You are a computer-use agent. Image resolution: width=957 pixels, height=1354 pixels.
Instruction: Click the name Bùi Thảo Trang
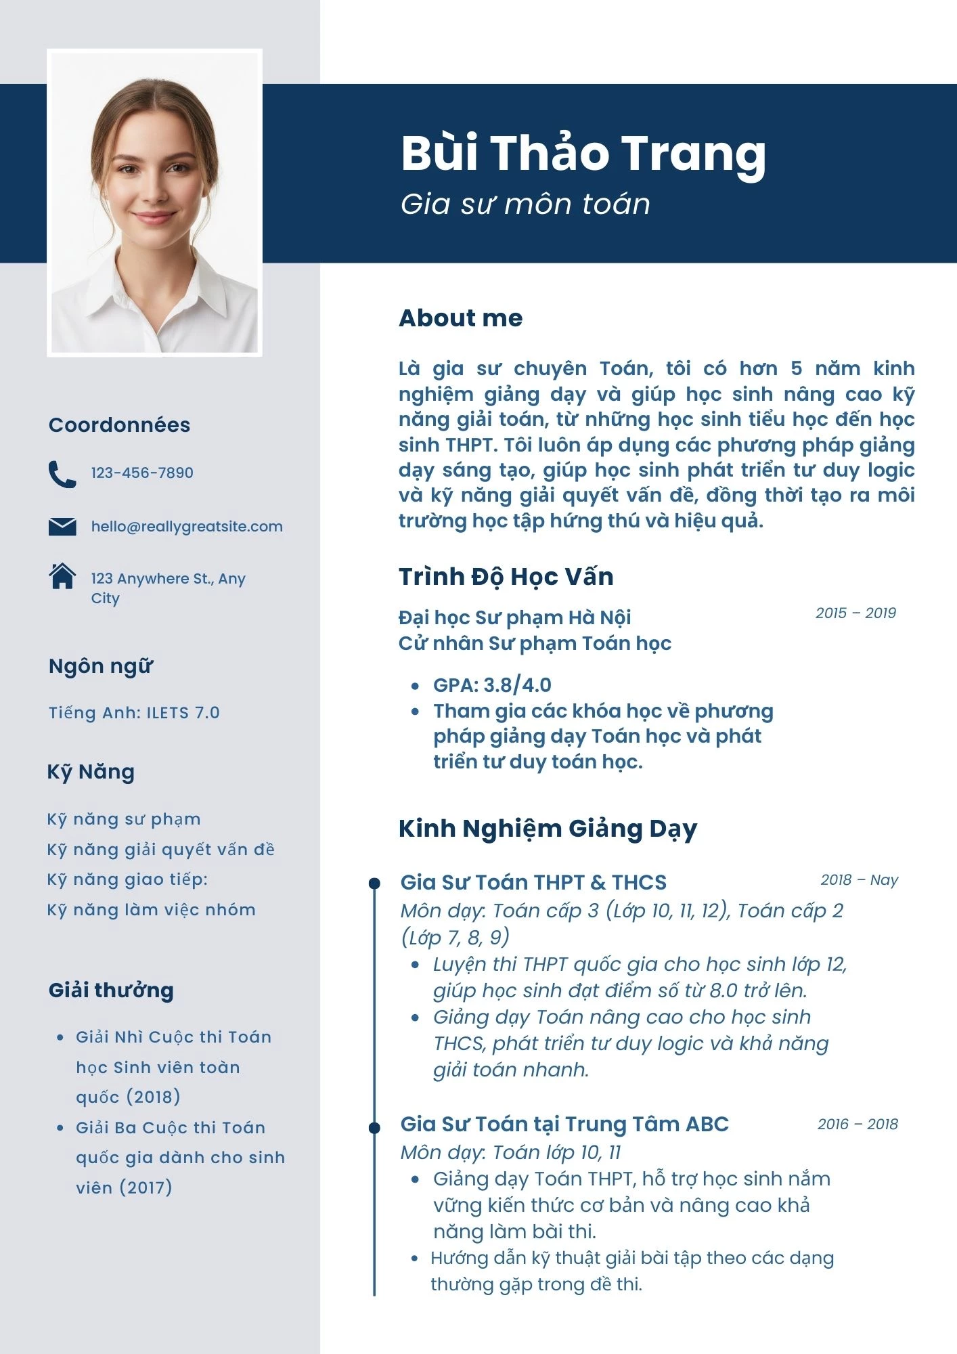point(583,154)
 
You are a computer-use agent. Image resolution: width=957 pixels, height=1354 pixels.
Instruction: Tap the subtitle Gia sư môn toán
point(525,204)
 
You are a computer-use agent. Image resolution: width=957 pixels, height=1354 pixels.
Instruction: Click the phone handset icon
point(62,474)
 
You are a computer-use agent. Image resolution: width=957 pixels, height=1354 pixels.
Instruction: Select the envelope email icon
point(62,526)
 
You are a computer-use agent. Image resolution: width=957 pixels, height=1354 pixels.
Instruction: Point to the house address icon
point(62,576)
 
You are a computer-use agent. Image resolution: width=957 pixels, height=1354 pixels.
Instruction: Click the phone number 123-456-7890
point(142,473)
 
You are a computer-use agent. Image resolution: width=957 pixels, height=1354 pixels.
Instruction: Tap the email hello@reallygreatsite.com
point(187,526)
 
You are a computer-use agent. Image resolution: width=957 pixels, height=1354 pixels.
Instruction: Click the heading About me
point(460,318)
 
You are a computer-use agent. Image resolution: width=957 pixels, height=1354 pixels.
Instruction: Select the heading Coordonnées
point(119,424)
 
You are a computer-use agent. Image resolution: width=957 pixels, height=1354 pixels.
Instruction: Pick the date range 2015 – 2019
point(855,613)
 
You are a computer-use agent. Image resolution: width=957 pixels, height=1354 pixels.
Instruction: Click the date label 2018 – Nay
point(859,879)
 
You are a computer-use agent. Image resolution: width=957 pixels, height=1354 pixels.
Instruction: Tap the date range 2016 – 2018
point(858,1124)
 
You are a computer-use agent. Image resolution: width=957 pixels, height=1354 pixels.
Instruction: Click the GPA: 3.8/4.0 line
point(492,685)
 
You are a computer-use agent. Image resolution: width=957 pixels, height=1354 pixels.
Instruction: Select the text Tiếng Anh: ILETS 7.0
point(134,712)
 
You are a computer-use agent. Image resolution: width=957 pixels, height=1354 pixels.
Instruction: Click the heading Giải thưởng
point(111,990)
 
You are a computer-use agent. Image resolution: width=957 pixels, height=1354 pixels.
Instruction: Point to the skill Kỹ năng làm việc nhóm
point(151,909)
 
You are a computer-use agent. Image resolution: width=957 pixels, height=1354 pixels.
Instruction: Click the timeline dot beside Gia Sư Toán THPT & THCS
point(374,883)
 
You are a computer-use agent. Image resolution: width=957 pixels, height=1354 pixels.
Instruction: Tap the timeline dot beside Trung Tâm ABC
point(374,1127)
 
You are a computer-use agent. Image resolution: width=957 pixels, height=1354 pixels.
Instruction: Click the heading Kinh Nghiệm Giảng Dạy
point(548,828)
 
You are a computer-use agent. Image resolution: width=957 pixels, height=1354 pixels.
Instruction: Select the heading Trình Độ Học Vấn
point(506,576)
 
